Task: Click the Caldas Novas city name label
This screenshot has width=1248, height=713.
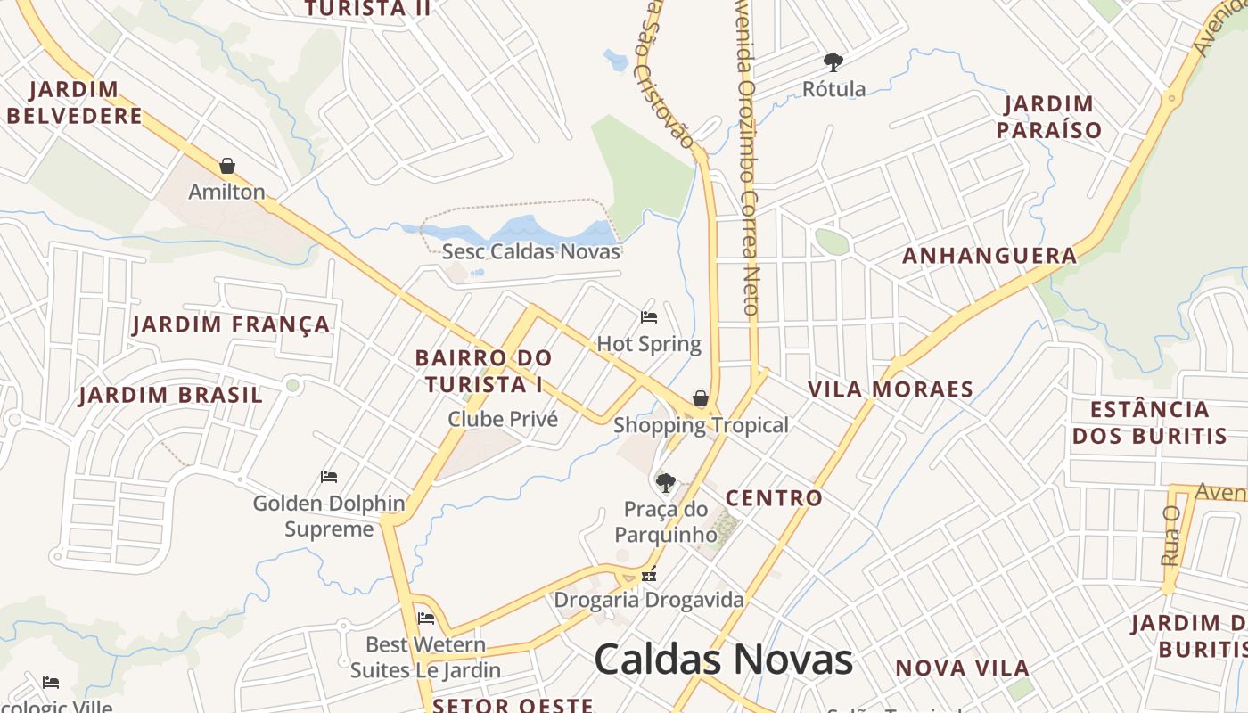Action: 723,660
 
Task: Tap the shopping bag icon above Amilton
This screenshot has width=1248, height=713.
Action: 227,166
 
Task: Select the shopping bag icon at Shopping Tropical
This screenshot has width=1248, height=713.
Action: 701,397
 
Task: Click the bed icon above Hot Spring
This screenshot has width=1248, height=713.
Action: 649,317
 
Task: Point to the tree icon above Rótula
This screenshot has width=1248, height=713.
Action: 833,62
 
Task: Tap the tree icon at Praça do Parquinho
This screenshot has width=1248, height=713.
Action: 665,483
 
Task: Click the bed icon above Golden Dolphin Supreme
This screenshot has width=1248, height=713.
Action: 329,477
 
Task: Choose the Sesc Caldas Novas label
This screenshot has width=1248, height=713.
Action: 530,251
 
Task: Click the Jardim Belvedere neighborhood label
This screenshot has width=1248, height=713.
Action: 75,102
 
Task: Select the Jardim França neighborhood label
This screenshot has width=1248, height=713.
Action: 232,324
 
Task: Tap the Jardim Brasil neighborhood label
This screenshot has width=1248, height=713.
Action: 170,395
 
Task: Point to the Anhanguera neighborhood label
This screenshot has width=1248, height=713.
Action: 989,257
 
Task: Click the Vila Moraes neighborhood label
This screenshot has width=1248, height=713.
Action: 891,389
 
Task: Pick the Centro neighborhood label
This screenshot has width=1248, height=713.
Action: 774,498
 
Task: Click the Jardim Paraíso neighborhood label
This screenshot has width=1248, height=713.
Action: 1049,117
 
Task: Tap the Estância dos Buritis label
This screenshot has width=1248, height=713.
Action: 1150,422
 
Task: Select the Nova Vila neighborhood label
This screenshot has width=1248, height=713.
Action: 963,668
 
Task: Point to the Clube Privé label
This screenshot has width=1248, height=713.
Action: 503,419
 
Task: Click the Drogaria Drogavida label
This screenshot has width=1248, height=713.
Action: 649,600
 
